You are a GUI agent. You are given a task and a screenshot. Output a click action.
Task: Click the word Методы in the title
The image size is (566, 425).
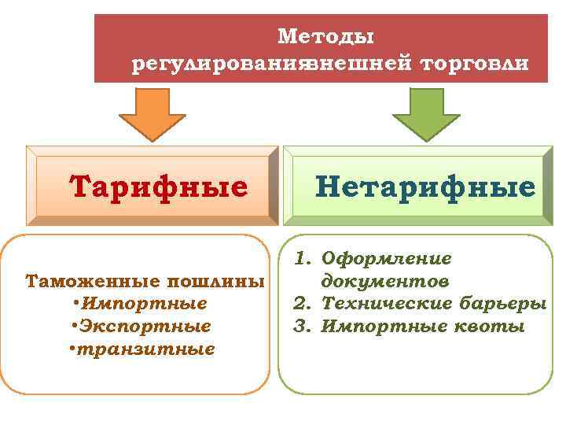325,36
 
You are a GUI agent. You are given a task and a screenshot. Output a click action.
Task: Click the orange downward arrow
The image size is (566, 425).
155,113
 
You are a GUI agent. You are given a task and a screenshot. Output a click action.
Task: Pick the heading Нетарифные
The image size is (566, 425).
425,187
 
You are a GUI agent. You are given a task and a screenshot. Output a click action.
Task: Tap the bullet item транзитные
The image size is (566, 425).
146,348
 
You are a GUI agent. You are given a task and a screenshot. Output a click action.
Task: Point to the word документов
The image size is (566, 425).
385,281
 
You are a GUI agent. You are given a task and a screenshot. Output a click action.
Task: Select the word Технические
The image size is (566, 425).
388,303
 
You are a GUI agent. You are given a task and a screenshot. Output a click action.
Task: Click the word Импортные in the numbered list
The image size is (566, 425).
375,325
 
